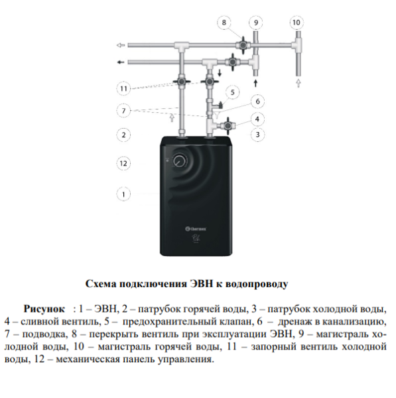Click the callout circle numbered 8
point(224,23)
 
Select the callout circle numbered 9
point(256,23)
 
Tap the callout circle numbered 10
point(297,23)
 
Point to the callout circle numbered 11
point(123,89)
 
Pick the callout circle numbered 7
point(123,111)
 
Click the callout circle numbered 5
point(233,92)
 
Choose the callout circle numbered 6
point(257,101)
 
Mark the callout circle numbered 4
point(257,119)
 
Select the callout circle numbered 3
point(257,134)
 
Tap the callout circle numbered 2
point(123,135)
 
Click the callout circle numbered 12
point(123,163)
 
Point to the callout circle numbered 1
point(123,194)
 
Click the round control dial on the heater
point(180,161)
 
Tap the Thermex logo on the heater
point(196,229)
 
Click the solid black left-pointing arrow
point(121,62)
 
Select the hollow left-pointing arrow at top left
point(121,45)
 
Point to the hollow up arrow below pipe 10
point(298,84)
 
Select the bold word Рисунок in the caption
point(44,309)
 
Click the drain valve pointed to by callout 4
point(228,125)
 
